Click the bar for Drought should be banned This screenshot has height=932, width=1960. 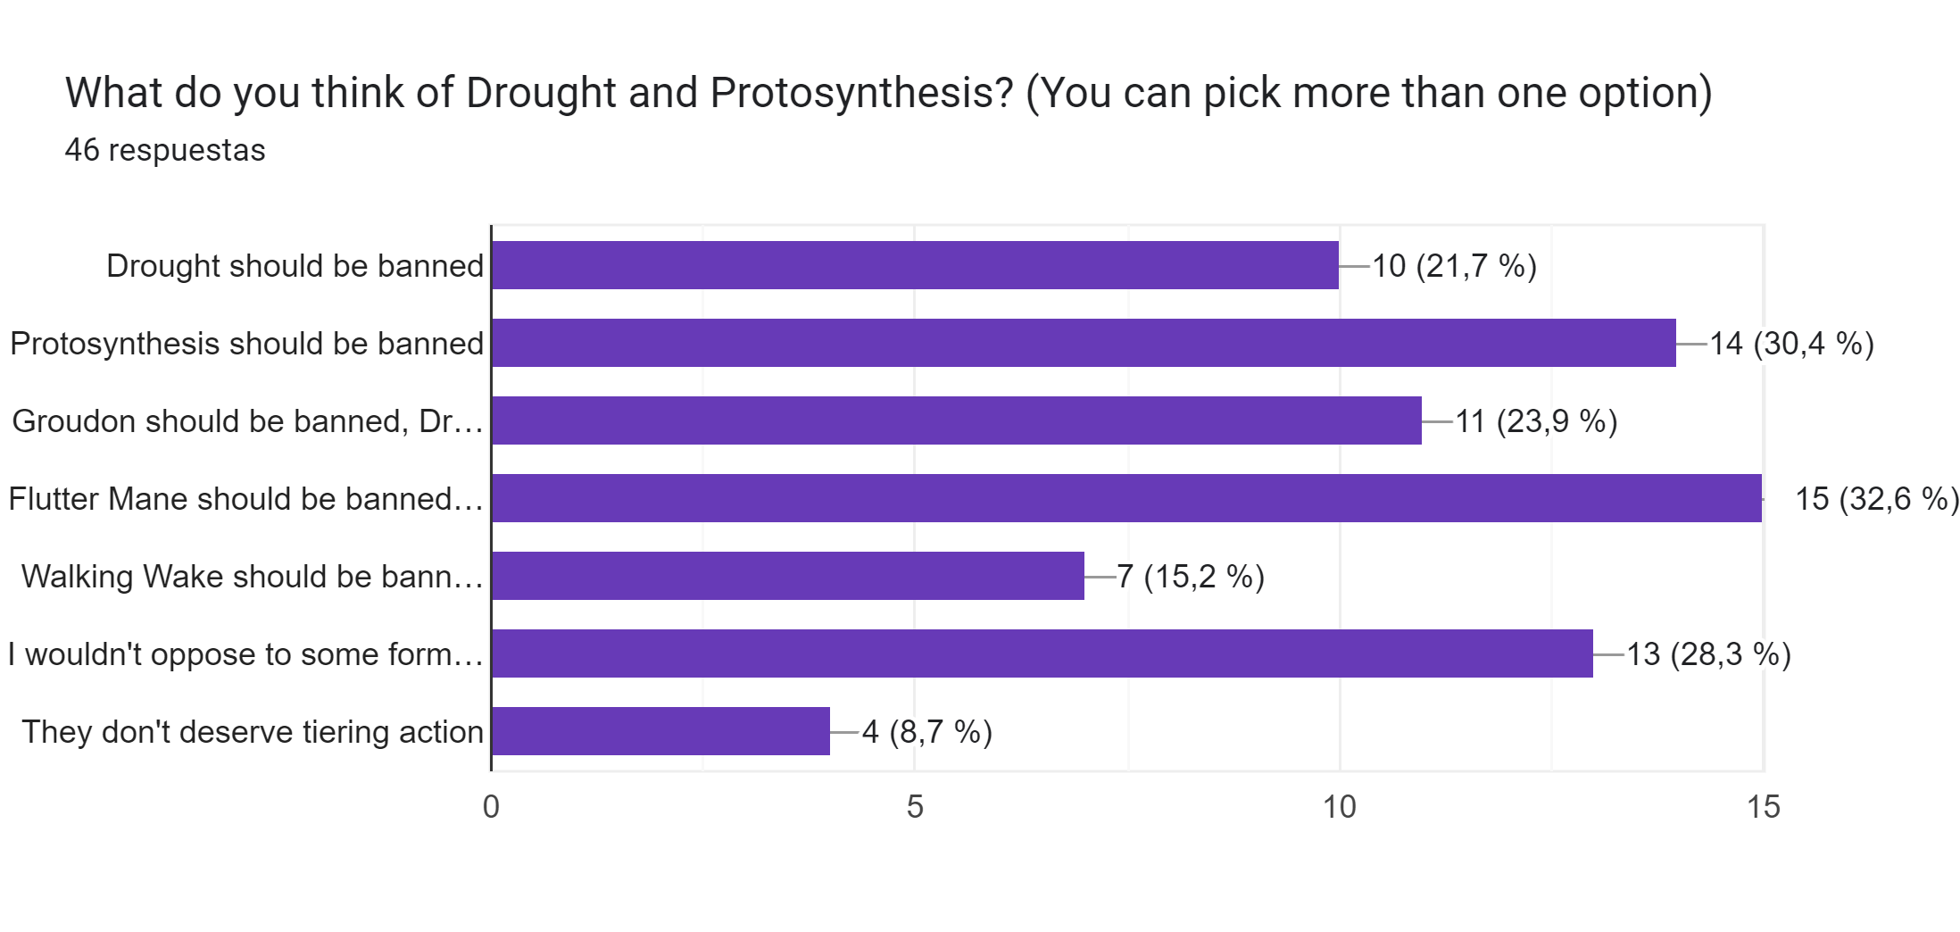pyautogui.click(x=915, y=265)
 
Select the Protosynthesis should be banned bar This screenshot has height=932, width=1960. pyautogui.click(x=1084, y=343)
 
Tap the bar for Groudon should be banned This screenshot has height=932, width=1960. pyautogui.click(x=956, y=420)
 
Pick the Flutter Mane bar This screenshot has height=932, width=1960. pyautogui.click(x=1126, y=498)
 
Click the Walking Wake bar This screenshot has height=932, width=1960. pyautogui.click(x=787, y=576)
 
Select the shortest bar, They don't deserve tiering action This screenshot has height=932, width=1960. pyautogui.click(x=660, y=731)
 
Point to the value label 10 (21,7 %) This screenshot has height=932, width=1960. pyautogui.click(x=1454, y=266)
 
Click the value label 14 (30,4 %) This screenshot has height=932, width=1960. pyautogui.click(x=1790, y=344)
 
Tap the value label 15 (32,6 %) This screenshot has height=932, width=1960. pyautogui.click(x=1876, y=499)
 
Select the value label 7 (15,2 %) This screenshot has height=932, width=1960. pyautogui.click(x=1191, y=577)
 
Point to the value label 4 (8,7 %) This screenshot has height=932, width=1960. pyautogui.click(x=926, y=732)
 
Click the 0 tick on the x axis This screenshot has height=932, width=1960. pyautogui.click(x=491, y=807)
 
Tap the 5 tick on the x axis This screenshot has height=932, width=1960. pyautogui.click(x=915, y=807)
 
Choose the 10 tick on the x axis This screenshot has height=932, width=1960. pyautogui.click(x=1339, y=807)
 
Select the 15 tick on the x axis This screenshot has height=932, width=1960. pyautogui.click(x=1763, y=807)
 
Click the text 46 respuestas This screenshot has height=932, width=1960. pyautogui.click(x=165, y=150)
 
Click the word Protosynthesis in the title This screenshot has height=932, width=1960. pyautogui.click(x=860, y=93)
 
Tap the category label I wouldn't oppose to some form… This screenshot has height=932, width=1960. pyautogui.click(x=245, y=654)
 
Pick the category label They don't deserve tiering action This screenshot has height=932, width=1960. pyautogui.click(x=253, y=732)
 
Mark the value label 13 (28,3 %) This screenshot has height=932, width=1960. pyautogui.click(x=1708, y=654)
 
